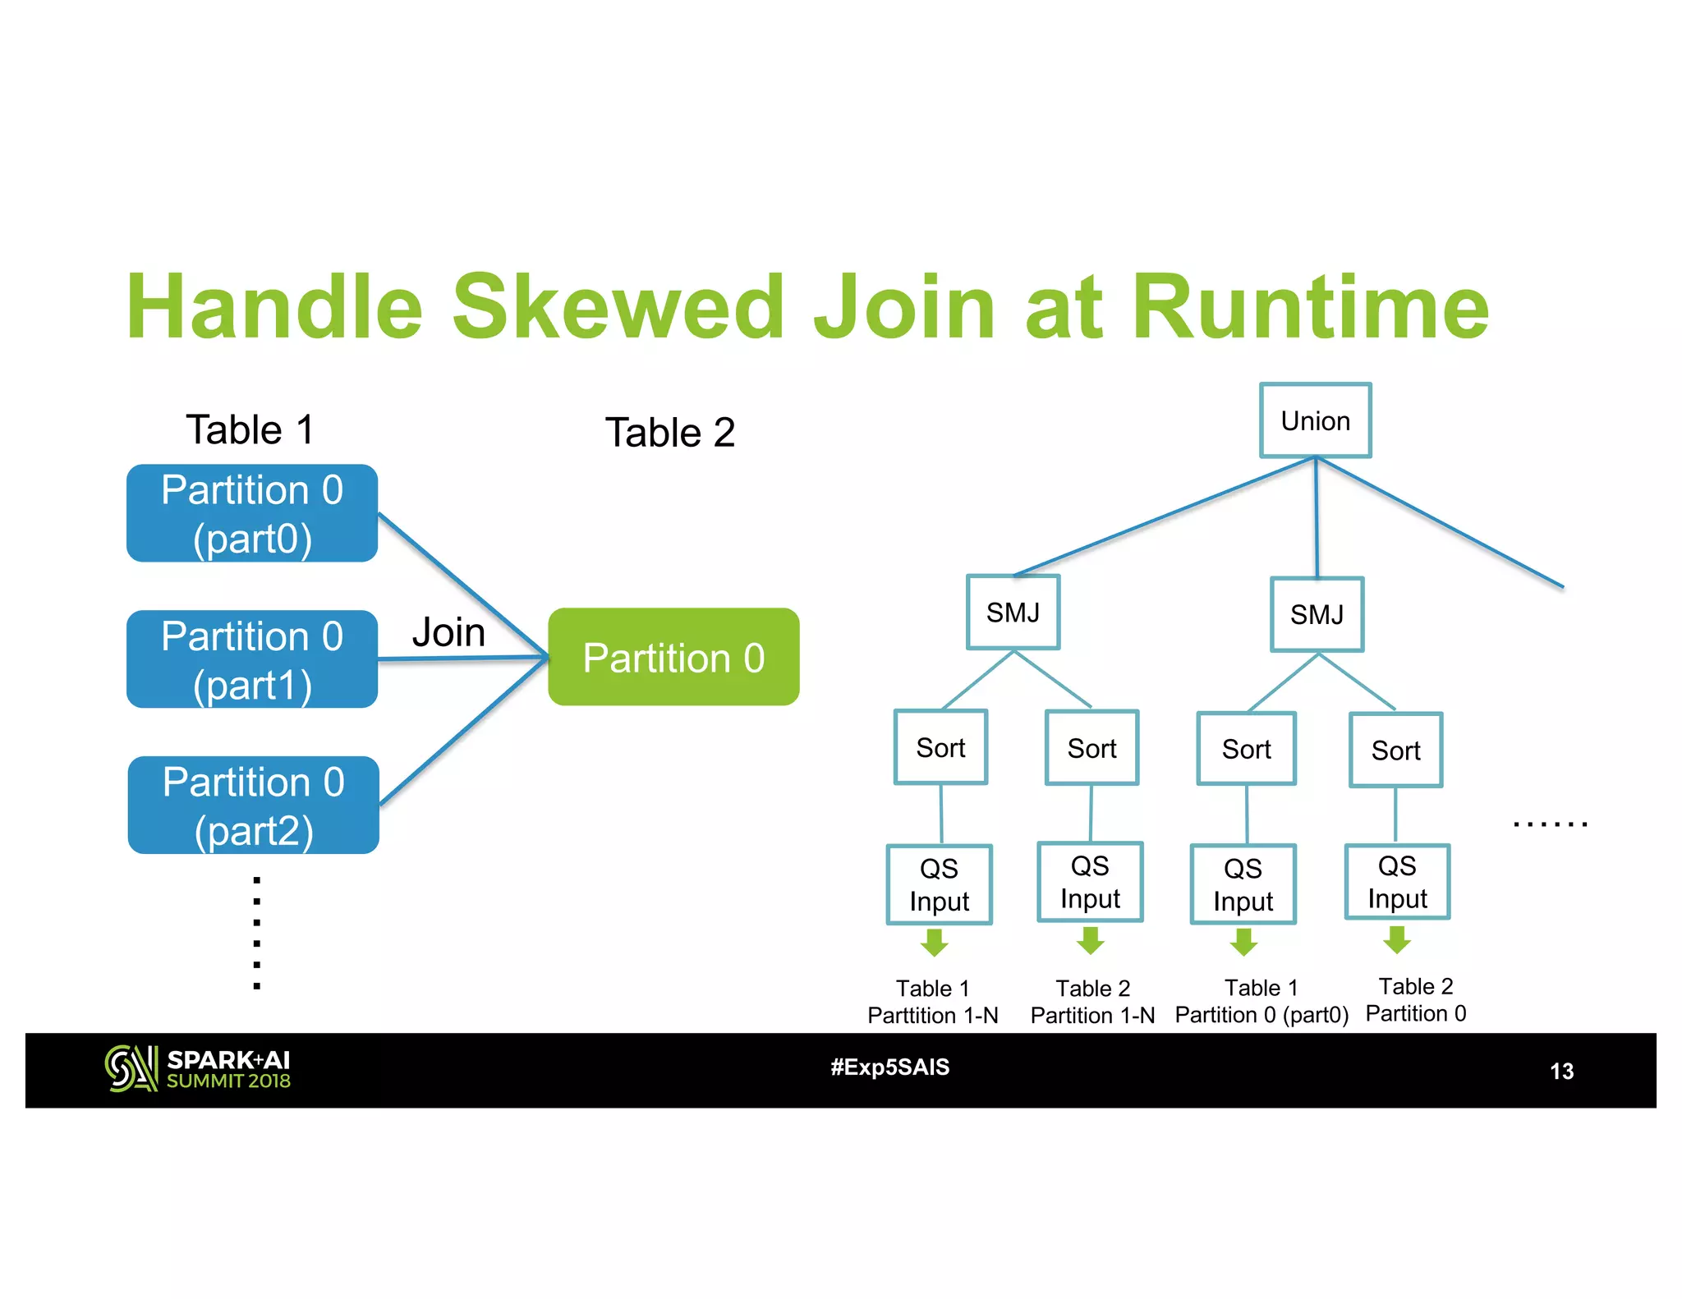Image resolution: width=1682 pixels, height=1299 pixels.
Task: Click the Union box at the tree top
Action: [x=1315, y=420]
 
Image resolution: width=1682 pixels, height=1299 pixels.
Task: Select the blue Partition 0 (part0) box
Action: [x=252, y=513]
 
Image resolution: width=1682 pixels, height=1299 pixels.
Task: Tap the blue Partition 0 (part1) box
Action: [x=252, y=659]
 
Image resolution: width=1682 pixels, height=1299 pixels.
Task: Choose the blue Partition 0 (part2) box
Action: [x=253, y=806]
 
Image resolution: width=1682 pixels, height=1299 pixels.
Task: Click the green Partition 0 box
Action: [x=673, y=657]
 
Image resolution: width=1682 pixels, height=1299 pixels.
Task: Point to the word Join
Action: [x=448, y=632]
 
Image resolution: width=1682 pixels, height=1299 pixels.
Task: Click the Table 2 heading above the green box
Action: [x=669, y=433]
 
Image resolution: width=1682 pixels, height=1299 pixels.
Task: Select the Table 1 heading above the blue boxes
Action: [x=250, y=429]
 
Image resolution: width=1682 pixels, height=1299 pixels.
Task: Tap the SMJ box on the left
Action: [x=1013, y=613]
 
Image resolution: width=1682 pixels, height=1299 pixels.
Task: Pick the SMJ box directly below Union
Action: [x=1317, y=615]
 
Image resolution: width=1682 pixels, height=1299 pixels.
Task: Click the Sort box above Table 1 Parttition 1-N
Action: [x=940, y=747]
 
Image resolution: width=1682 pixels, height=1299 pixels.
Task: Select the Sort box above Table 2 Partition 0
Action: [x=1395, y=750]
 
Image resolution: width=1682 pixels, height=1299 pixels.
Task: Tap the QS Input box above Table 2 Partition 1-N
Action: [x=1090, y=882]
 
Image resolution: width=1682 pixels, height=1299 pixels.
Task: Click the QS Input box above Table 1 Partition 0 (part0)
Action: [x=1243, y=884]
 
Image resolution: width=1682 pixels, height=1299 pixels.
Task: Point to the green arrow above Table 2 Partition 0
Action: [x=1396, y=939]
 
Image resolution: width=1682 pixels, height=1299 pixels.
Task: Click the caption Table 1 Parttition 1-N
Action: [x=933, y=1002]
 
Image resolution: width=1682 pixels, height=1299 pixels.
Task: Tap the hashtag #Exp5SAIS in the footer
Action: [x=889, y=1067]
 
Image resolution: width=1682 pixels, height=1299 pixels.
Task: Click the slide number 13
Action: [x=1560, y=1071]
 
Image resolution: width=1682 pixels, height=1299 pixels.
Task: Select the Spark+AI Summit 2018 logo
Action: [x=198, y=1069]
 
